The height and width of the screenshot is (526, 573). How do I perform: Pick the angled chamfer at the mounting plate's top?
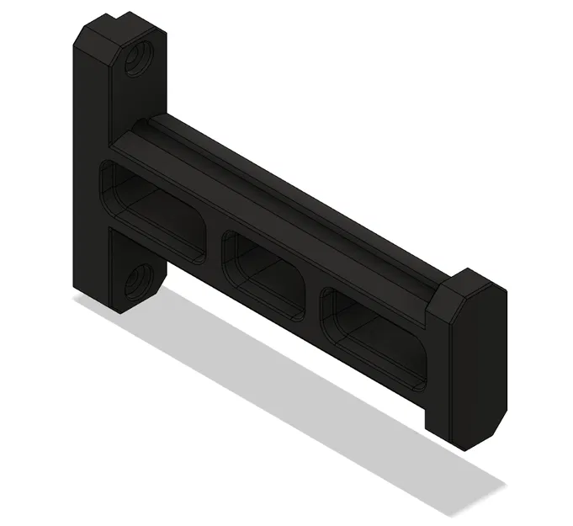point(94,38)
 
